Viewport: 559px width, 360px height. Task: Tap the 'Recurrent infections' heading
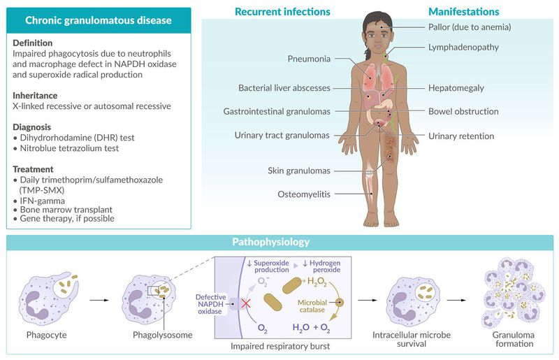(282, 12)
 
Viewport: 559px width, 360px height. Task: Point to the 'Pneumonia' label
(308, 59)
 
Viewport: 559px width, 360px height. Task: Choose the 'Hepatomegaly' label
(456, 88)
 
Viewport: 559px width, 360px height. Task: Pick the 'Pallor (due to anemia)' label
(469, 27)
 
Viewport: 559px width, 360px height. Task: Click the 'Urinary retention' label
(461, 136)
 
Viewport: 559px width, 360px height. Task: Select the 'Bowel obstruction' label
(463, 111)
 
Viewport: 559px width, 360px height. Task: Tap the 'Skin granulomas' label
(298, 171)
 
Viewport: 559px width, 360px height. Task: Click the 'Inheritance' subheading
(35, 95)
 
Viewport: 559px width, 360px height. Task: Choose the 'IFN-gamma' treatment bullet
(42, 200)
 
